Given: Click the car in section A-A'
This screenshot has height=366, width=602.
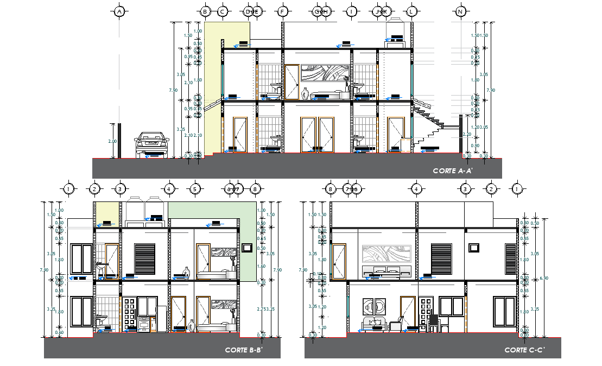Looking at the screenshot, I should pyautogui.click(x=151, y=145).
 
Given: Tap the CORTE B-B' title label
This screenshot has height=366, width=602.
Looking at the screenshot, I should pyautogui.click(x=244, y=350).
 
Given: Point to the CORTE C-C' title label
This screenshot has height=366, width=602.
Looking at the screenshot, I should pyautogui.click(x=524, y=350).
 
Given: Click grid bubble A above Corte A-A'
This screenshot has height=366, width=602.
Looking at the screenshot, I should pyautogui.click(x=120, y=11).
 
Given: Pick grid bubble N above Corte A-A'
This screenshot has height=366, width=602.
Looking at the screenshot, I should pyautogui.click(x=461, y=11).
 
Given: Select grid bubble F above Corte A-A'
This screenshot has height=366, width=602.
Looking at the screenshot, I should pyautogui.click(x=282, y=11).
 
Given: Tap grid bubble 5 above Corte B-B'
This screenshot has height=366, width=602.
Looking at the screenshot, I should pyautogui.click(x=195, y=189).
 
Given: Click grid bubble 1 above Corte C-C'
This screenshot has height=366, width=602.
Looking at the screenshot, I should pyautogui.click(x=517, y=189).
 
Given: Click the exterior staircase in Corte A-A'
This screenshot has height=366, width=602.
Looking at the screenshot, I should pyautogui.click(x=429, y=122).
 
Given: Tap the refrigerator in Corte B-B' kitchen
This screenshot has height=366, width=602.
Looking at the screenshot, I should pyautogui.click(x=161, y=318).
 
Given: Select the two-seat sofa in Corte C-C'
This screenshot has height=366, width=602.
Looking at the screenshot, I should pyautogui.click(x=373, y=324).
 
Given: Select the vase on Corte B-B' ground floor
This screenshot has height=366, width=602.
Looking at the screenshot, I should pyautogui.click(x=191, y=325).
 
